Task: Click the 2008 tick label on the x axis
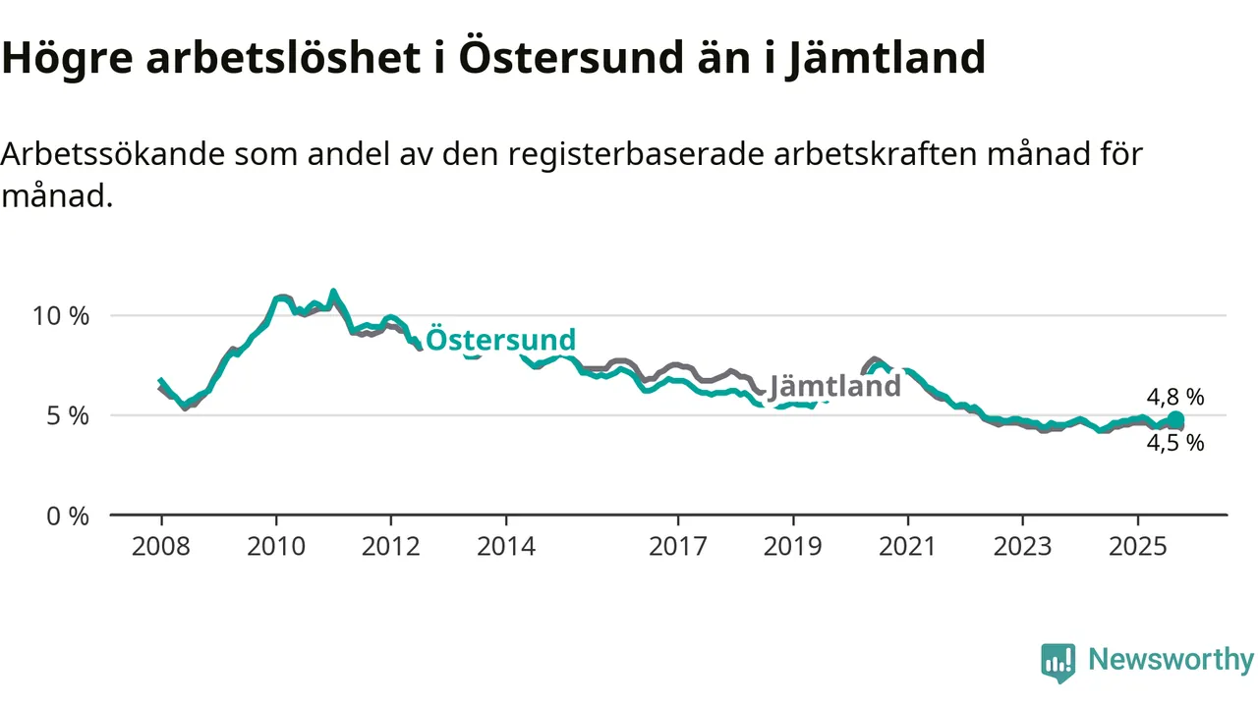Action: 161,546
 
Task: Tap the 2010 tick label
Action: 276,546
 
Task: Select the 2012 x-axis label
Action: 391,546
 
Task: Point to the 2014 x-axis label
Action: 506,546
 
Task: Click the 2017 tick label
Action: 678,546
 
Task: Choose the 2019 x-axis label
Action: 793,546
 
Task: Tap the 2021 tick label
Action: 908,546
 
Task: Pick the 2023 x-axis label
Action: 1023,546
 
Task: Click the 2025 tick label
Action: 1138,546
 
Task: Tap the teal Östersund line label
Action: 501,340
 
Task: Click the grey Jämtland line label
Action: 834,386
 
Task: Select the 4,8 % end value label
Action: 1175,398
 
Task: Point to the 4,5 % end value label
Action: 1175,443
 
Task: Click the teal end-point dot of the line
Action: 1175,420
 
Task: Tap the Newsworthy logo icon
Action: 1058,663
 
